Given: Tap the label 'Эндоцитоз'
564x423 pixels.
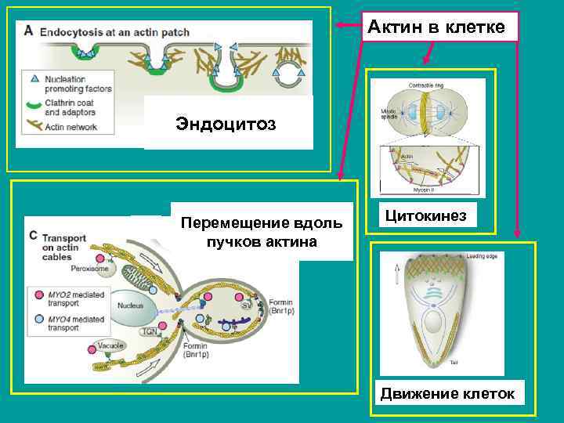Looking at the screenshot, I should point(226,124).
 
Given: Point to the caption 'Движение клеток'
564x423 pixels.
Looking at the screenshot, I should point(447,393).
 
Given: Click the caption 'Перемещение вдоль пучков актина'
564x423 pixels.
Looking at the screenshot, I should point(262,232).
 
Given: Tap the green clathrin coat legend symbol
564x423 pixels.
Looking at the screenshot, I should point(34,103).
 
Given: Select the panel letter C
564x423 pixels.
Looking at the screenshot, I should point(33,234).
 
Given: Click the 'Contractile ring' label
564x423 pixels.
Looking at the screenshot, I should point(428,85).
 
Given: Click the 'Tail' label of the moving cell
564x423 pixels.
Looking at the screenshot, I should point(454,362).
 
